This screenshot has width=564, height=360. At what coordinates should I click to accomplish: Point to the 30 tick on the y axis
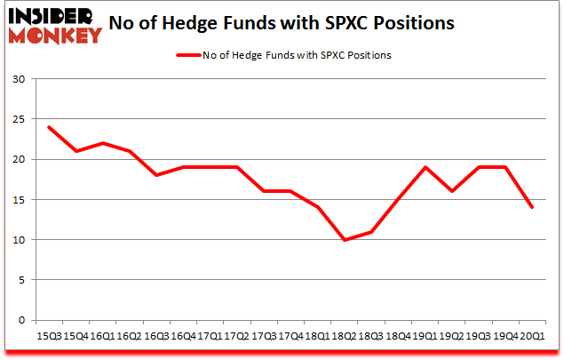[18, 79]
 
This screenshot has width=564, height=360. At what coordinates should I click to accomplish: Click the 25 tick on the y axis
[18, 119]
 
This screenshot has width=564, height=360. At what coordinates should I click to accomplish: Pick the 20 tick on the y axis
[18, 159]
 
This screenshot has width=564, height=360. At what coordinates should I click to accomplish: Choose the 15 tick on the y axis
[18, 200]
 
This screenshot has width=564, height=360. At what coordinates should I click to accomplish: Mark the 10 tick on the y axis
[18, 240]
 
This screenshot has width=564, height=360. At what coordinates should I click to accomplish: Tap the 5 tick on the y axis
[20, 280]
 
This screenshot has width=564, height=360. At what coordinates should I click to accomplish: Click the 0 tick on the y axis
[20, 320]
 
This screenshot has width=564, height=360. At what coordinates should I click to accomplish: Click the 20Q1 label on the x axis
[533, 336]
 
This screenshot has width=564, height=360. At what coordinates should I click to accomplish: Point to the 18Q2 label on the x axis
[344, 336]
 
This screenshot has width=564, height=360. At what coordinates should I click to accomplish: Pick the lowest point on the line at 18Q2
[344, 240]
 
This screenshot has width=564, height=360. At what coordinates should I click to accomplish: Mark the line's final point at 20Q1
[533, 207]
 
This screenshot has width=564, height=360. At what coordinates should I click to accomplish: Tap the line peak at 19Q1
[425, 167]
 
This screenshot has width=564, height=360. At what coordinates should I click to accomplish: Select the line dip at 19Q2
[452, 191]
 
